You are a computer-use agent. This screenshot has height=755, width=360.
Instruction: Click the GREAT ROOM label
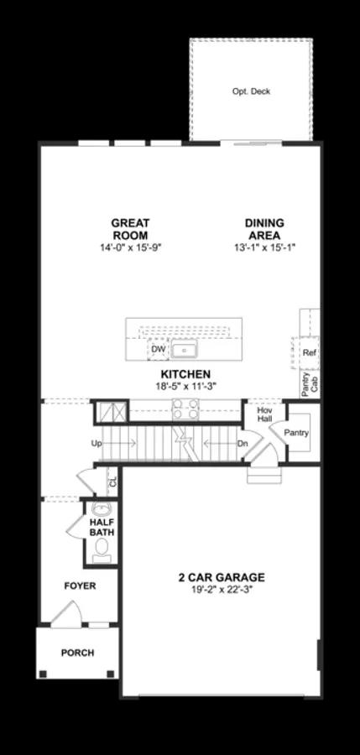[x=130, y=229]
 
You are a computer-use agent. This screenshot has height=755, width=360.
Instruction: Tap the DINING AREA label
[x=264, y=229]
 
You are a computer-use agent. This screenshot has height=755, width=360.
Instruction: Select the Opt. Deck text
[x=251, y=91]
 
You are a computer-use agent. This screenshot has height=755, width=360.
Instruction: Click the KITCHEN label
[x=185, y=374]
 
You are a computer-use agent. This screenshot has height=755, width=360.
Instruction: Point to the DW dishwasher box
[x=158, y=349]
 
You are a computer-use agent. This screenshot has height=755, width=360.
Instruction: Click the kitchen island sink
[x=184, y=350]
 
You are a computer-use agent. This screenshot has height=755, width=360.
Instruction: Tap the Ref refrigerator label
[x=309, y=353]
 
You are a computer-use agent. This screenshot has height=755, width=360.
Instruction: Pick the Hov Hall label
[x=265, y=414]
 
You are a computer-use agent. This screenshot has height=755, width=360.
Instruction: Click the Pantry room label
[x=296, y=433]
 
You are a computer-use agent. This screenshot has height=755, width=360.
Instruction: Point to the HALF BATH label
[x=102, y=527]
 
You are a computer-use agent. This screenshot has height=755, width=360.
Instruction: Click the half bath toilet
[x=102, y=549]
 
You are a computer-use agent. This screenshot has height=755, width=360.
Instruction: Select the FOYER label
[x=80, y=586]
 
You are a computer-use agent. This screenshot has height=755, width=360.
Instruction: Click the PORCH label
[x=77, y=652]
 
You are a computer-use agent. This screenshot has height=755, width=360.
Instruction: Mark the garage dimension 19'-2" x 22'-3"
[x=221, y=590]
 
